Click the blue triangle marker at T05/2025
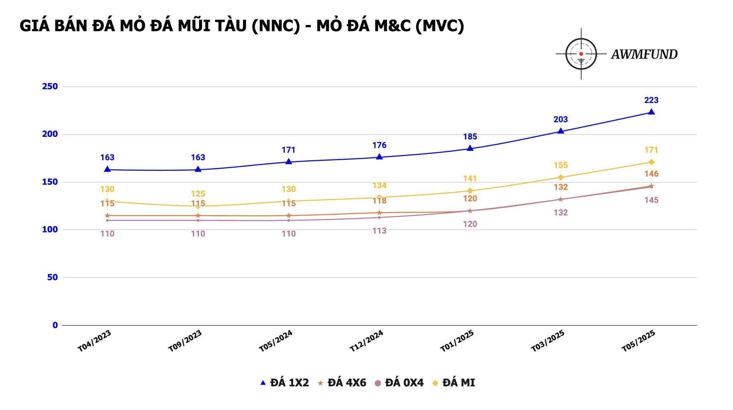pos(651,112)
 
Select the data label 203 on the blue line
pos(560,119)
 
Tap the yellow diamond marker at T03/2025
pos(560,177)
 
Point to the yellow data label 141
pos(470,178)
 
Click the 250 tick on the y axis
pos(50,87)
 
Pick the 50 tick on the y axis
pos(52,277)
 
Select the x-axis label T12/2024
pos(366,341)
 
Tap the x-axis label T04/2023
pos(94,341)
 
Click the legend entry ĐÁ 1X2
pos(285,383)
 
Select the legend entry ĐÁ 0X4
pos(399,383)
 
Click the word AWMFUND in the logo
pos(644,54)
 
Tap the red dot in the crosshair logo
pos(581,54)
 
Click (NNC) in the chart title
pos(276,26)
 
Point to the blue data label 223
pos(651,100)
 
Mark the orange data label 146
pos(651,174)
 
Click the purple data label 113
pos(379,231)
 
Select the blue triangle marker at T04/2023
pos(107,169)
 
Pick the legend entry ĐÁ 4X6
pos(342,383)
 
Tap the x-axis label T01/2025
pos(457,341)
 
